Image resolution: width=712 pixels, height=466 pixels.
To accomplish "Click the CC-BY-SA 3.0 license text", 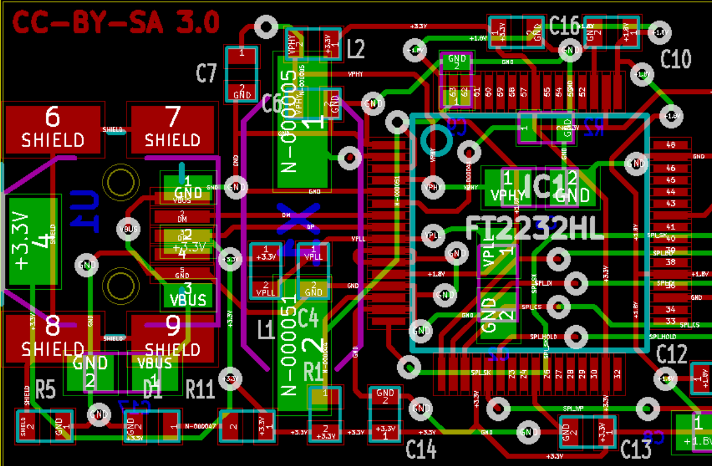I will pyautogui.click(x=116, y=23).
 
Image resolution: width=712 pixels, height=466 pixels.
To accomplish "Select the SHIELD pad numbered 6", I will pyautogui.click(x=52, y=130).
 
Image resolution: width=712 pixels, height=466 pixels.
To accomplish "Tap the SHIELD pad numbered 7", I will pyautogui.click(x=172, y=130).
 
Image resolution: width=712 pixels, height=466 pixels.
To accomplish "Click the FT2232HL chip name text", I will pyautogui.click(x=534, y=229).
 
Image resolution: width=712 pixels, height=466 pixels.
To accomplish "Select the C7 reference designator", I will pyautogui.click(x=207, y=74).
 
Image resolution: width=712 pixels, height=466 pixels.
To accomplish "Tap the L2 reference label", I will pyautogui.click(x=356, y=49).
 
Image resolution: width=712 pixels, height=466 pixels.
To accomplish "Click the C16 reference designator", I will pyautogui.click(x=564, y=26).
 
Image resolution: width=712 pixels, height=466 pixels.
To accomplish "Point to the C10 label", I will pyautogui.click(x=676, y=59).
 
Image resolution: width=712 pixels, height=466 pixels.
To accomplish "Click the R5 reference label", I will pyautogui.click(x=45, y=389).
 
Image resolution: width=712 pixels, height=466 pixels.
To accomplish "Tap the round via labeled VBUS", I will pyautogui.click(x=128, y=229).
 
